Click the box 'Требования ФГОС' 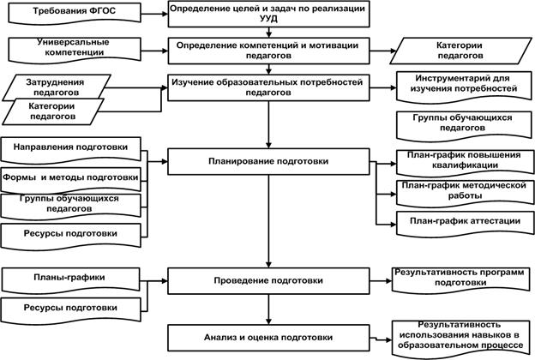click(74, 13)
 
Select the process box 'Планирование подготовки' click(268, 161)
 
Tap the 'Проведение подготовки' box click(268, 281)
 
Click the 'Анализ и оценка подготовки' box click(268, 338)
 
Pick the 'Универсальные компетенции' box click(74, 51)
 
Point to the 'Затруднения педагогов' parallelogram click(57, 87)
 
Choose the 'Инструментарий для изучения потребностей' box click(464, 87)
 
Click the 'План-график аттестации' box click(465, 224)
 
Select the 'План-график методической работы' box click(465, 194)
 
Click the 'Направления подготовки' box click(70, 150)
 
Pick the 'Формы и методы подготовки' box click(70, 180)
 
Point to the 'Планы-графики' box click(70, 280)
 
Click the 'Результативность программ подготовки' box click(460, 280)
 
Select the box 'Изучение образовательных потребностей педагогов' click(268, 87)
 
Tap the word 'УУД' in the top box click(268, 18)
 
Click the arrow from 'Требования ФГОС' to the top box click(154, 14)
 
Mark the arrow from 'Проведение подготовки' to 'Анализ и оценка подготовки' click(268, 309)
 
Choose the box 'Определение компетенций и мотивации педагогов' click(268, 51)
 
